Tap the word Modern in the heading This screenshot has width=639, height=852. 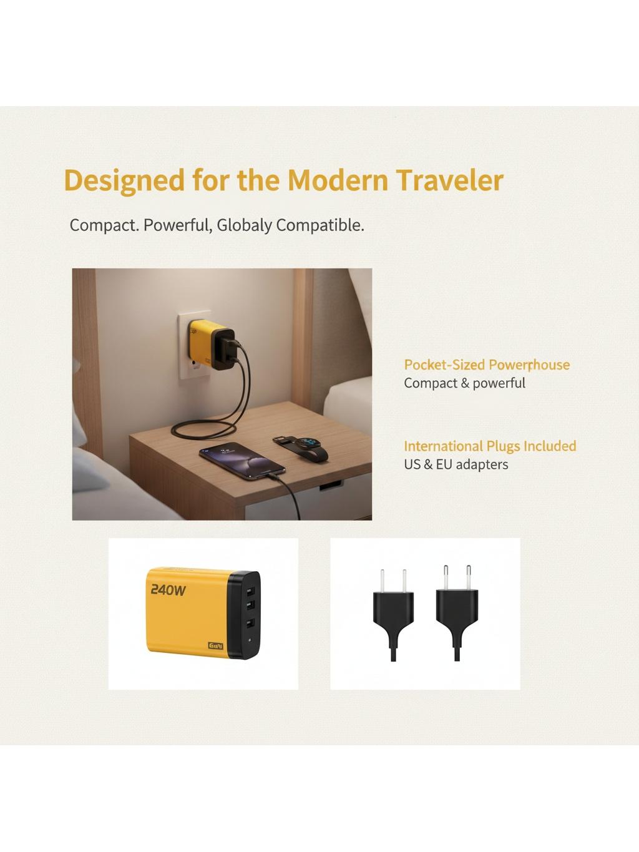coord(338,180)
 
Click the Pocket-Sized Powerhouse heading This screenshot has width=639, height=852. coord(487,365)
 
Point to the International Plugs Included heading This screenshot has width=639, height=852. coord(490,446)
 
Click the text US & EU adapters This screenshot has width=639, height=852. coord(456,464)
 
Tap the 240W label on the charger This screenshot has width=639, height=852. coord(168,590)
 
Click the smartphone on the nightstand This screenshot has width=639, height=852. coord(242,461)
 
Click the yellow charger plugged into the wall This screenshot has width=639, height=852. coord(212,344)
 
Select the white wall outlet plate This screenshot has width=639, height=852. coord(194,345)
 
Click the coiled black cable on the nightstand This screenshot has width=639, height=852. coord(206,429)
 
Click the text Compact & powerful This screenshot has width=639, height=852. coord(464,383)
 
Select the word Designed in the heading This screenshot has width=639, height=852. coord(124,181)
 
